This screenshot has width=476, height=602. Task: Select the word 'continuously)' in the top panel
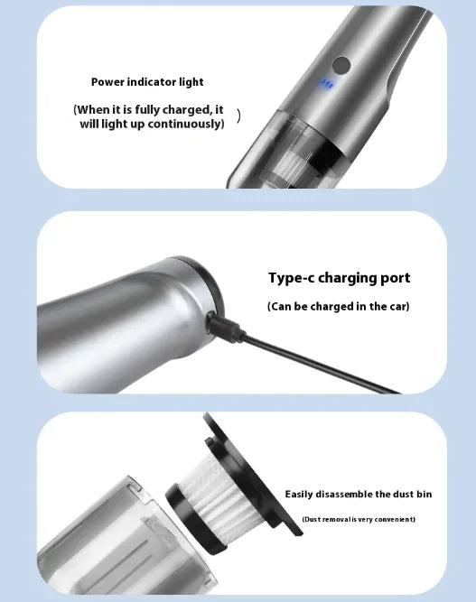[x=191, y=125]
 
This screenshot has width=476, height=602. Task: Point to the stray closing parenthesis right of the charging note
[x=238, y=116]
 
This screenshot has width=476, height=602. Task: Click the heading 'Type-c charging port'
[x=339, y=278]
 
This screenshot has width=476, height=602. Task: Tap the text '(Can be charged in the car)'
[x=339, y=307]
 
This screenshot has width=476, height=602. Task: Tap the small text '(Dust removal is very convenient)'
[x=359, y=519]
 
